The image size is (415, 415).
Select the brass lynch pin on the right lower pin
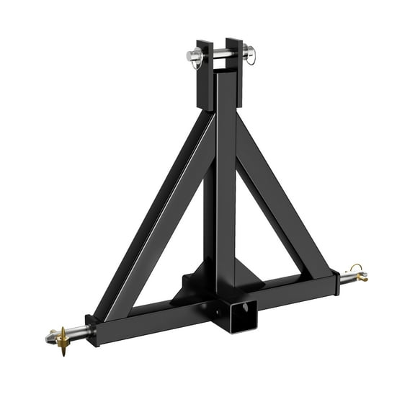(x=358, y=274)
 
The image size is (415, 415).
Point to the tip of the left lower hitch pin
(x=50, y=336)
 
